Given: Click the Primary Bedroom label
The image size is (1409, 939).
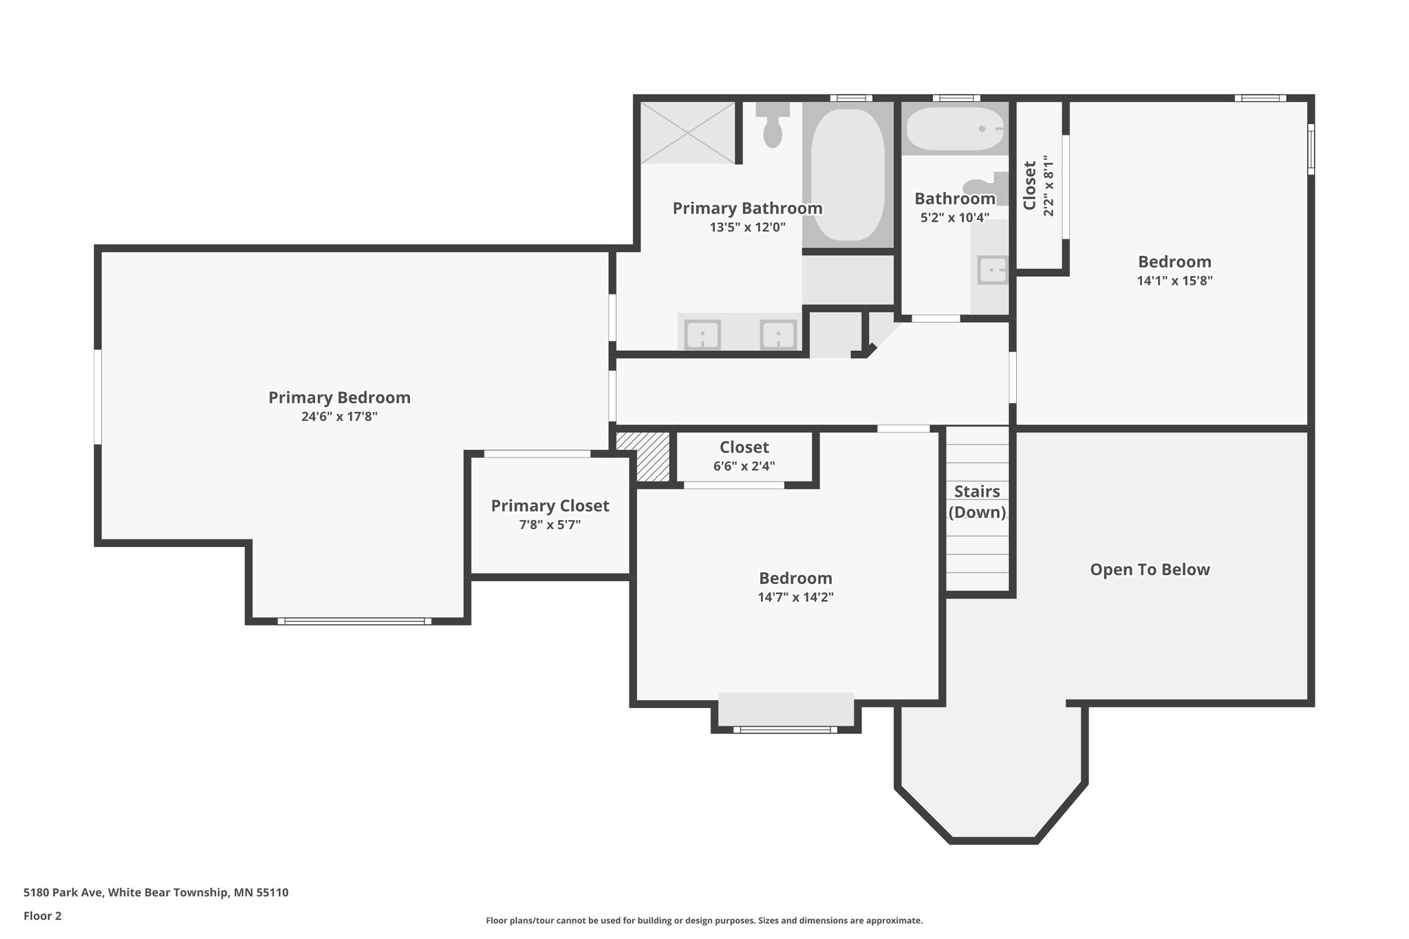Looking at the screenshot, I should coord(339,398).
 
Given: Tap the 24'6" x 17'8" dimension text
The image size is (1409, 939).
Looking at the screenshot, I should coord(339,417).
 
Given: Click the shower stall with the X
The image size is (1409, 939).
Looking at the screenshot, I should coord(688,133).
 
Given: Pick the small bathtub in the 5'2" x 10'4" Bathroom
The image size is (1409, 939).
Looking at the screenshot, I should coord(954,129).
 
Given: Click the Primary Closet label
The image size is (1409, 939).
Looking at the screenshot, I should coord(550,506).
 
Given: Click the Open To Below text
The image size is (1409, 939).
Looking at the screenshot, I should coord(1150,570).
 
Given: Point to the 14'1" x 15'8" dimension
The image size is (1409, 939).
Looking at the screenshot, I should coord(1174,281).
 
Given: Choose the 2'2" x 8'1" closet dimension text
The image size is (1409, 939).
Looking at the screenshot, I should coord(1048,186).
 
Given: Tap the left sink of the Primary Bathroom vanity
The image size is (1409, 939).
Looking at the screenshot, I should coord(702,336).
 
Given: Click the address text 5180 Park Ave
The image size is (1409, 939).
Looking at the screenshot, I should coord(156,892).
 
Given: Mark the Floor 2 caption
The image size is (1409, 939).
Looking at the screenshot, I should coord(43,916).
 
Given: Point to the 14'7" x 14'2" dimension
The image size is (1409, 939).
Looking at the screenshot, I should coord(795,597).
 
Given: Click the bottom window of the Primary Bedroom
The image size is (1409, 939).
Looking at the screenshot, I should coord(354,621).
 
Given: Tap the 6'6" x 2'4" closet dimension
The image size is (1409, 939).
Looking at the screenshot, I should coord(744,466).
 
